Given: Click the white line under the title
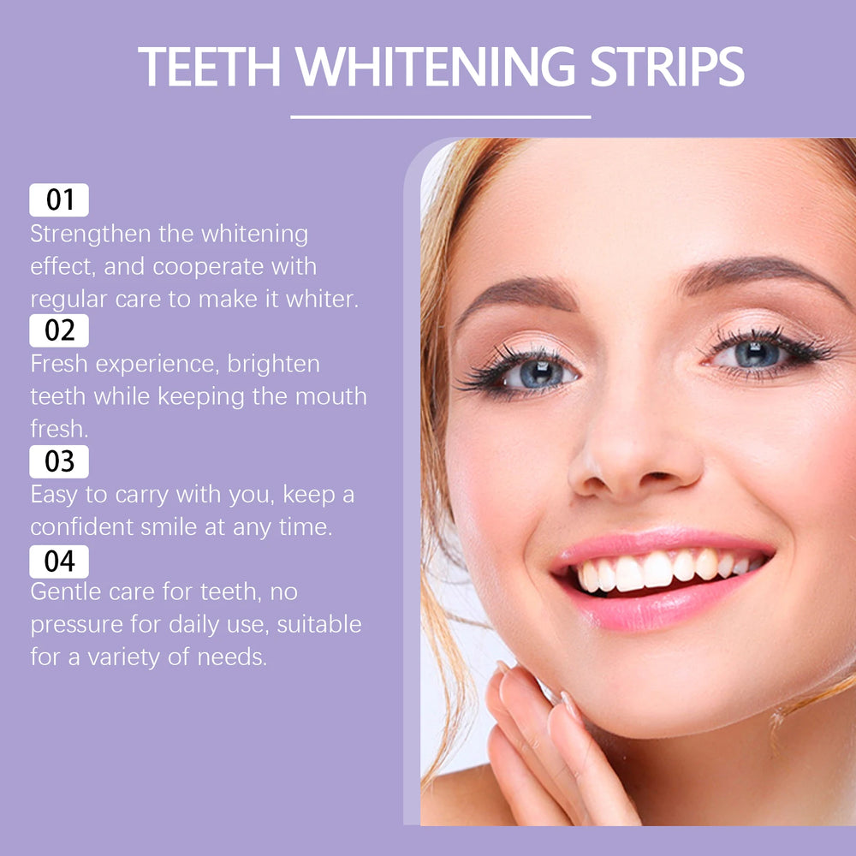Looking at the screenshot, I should [440, 116].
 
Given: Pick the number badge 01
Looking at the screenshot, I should [59, 200].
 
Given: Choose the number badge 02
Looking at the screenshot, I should [59, 330].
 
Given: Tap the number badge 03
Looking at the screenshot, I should [59, 461].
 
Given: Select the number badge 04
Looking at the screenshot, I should [59, 562].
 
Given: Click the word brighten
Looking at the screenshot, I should [273, 364].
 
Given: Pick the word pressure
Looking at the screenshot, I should [74, 625].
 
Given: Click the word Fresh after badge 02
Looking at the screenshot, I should [59, 364].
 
